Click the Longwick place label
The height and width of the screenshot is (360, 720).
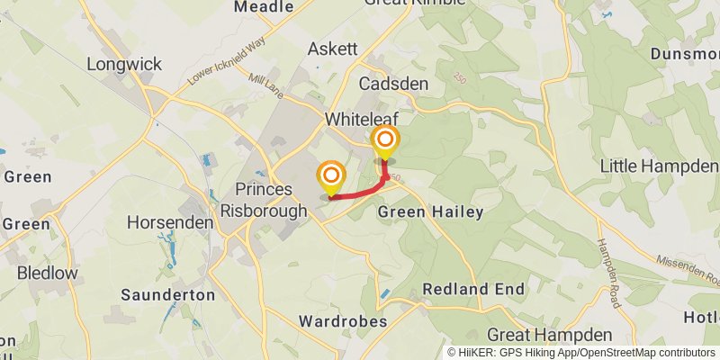tap(124, 64)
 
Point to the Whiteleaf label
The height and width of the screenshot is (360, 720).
tap(360, 119)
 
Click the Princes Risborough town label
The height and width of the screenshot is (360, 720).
tap(263, 199)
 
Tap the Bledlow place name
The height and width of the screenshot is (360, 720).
tap(48, 272)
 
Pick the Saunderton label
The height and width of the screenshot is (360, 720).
tap(168, 294)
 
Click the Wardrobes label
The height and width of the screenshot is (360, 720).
tap(344, 321)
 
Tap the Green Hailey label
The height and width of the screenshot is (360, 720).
tap(430, 212)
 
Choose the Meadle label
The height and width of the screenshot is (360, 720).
tap(264, 7)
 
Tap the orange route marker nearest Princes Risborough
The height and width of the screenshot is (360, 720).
tap(331, 175)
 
